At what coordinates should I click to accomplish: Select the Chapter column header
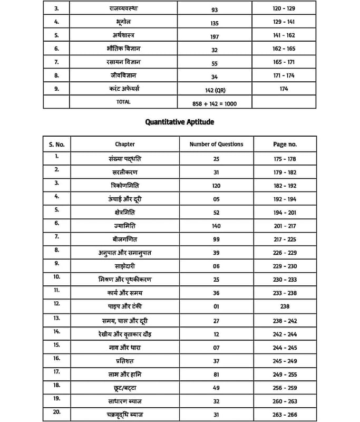pyautogui.click(x=125, y=144)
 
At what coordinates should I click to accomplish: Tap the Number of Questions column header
pyautogui.click(x=216, y=144)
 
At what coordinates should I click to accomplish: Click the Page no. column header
pyautogui.click(x=285, y=144)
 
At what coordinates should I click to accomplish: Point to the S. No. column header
pyautogui.click(x=56, y=144)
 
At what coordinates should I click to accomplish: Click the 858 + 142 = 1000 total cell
pyautogui.click(x=215, y=104)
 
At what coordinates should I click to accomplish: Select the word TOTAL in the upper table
pyautogui.click(x=123, y=101)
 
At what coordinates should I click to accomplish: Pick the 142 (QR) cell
pyautogui.click(x=216, y=90)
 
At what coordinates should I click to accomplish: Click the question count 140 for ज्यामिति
pyautogui.click(x=216, y=225)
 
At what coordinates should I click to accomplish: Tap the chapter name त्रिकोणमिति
pyautogui.click(x=125, y=186)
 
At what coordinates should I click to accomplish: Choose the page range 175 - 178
pyautogui.click(x=285, y=159)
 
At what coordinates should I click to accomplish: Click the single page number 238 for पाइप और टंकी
pyautogui.click(x=285, y=306)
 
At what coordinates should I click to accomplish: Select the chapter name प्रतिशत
pyautogui.click(x=125, y=361)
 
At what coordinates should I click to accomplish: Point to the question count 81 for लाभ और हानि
pyautogui.click(x=216, y=375)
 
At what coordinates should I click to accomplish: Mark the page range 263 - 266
pyautogui.click(x=285, y=415)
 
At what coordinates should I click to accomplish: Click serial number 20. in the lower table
pyautogui.click(x=56, y=413)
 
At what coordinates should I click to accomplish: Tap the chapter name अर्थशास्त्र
pyautogui.click(x=124, y=35)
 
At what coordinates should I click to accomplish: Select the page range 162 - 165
pyautogui.click(x=284, y=49)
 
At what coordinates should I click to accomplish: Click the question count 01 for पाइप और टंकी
pyautogui.click(x=216, y=306)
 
